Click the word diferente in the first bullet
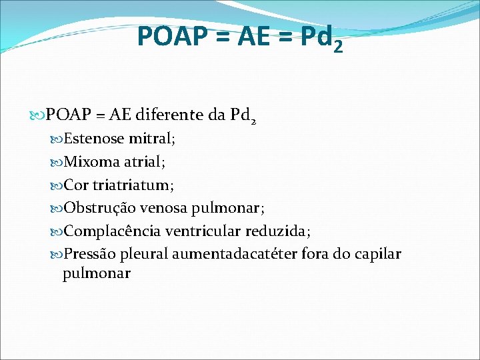(x=169, y=116)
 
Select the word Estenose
(x=93, y=139)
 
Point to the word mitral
(x=151, y=139)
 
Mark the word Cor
(x=75, y=185)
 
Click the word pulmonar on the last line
(x=96, y=273)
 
